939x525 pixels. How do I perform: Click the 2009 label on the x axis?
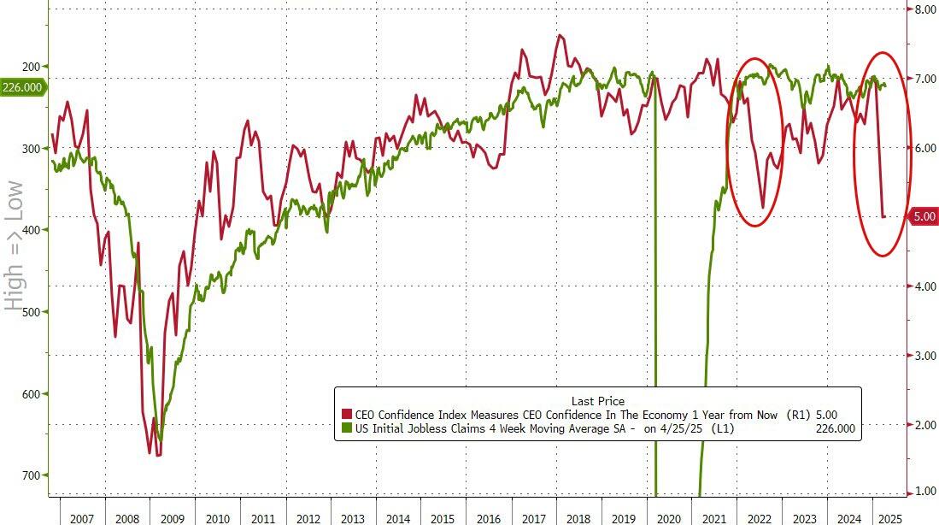click(173, 518)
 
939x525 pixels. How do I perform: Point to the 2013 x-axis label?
click(353, 518)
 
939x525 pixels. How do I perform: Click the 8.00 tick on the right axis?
click(926, 9)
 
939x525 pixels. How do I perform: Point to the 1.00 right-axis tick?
click(926, 491)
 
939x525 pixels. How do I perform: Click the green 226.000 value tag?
click(22, 86)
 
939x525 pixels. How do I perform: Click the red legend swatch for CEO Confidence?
click(347, 415)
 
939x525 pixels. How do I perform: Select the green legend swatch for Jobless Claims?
click(347, 428)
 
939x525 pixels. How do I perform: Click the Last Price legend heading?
click(597, 400)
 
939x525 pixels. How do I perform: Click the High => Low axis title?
click(15, 245)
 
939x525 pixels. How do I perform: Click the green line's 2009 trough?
click(161, 440)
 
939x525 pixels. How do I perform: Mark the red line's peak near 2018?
click(560, 35)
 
